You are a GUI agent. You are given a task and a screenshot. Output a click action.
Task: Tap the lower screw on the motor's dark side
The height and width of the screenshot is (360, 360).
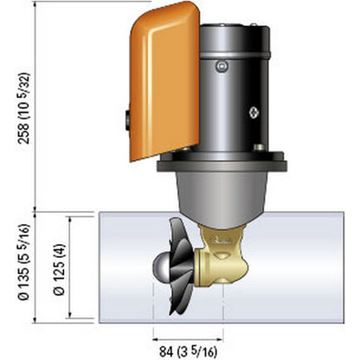coord(254,112)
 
